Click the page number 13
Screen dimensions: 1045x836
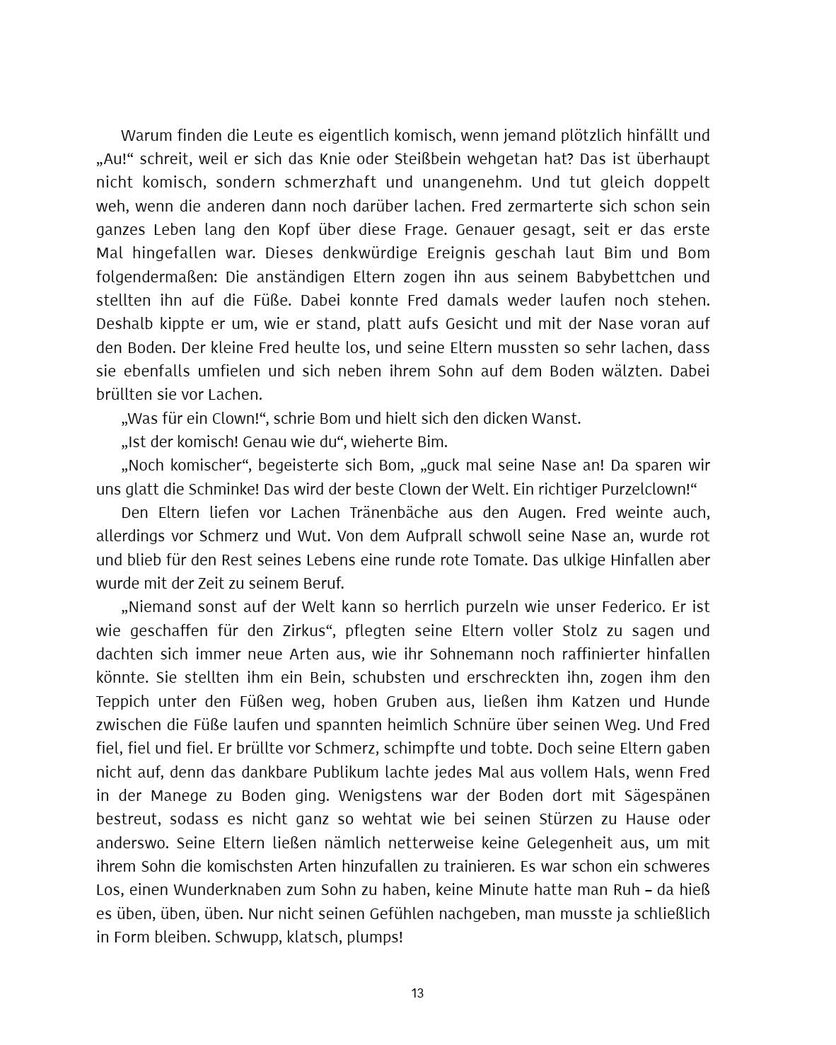[x=417, y=993]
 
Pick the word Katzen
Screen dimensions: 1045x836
[x=588, y=701]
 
